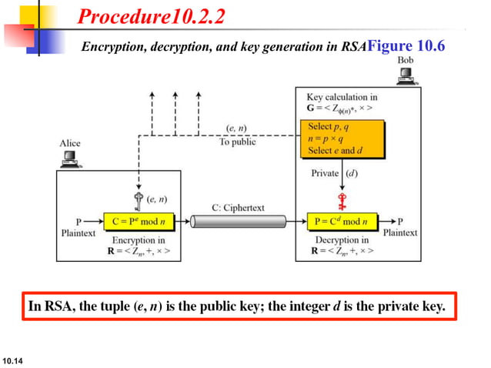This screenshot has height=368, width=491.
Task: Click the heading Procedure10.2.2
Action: point(151,16)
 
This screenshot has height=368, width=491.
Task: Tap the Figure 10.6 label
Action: point(406,45)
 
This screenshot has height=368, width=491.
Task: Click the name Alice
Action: point(69,143)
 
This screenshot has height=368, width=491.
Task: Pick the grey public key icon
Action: point(139,202)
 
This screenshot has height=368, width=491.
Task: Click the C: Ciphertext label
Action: point(239,208)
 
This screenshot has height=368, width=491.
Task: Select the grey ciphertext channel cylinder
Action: point(237,222)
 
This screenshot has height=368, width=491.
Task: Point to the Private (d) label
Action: point(332,173)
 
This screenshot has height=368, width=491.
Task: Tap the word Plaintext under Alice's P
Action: point(79,232)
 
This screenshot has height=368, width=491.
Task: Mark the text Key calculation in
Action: point(342,97)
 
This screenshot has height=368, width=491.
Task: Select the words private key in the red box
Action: point(413,306)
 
